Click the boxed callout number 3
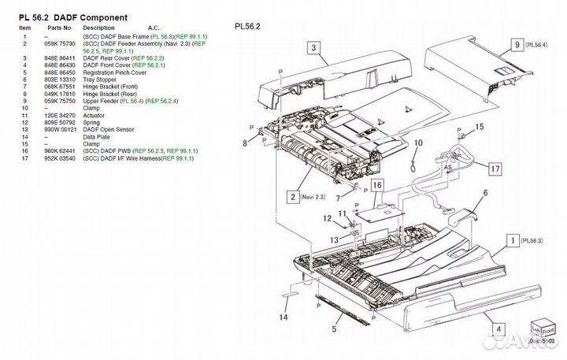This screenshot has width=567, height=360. [x=313, y=48]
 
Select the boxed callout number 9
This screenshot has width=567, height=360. [x=517, y=45]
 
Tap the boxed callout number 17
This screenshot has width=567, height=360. [x=494, y=168]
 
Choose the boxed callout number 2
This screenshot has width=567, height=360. [x=292, y=197]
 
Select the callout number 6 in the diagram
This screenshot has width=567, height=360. [x=485, y=192]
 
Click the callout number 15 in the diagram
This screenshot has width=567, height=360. [x=479, y=127]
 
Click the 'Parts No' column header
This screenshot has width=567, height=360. [x=59, y=28]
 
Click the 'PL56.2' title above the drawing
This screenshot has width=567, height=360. [x=247, y=26]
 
